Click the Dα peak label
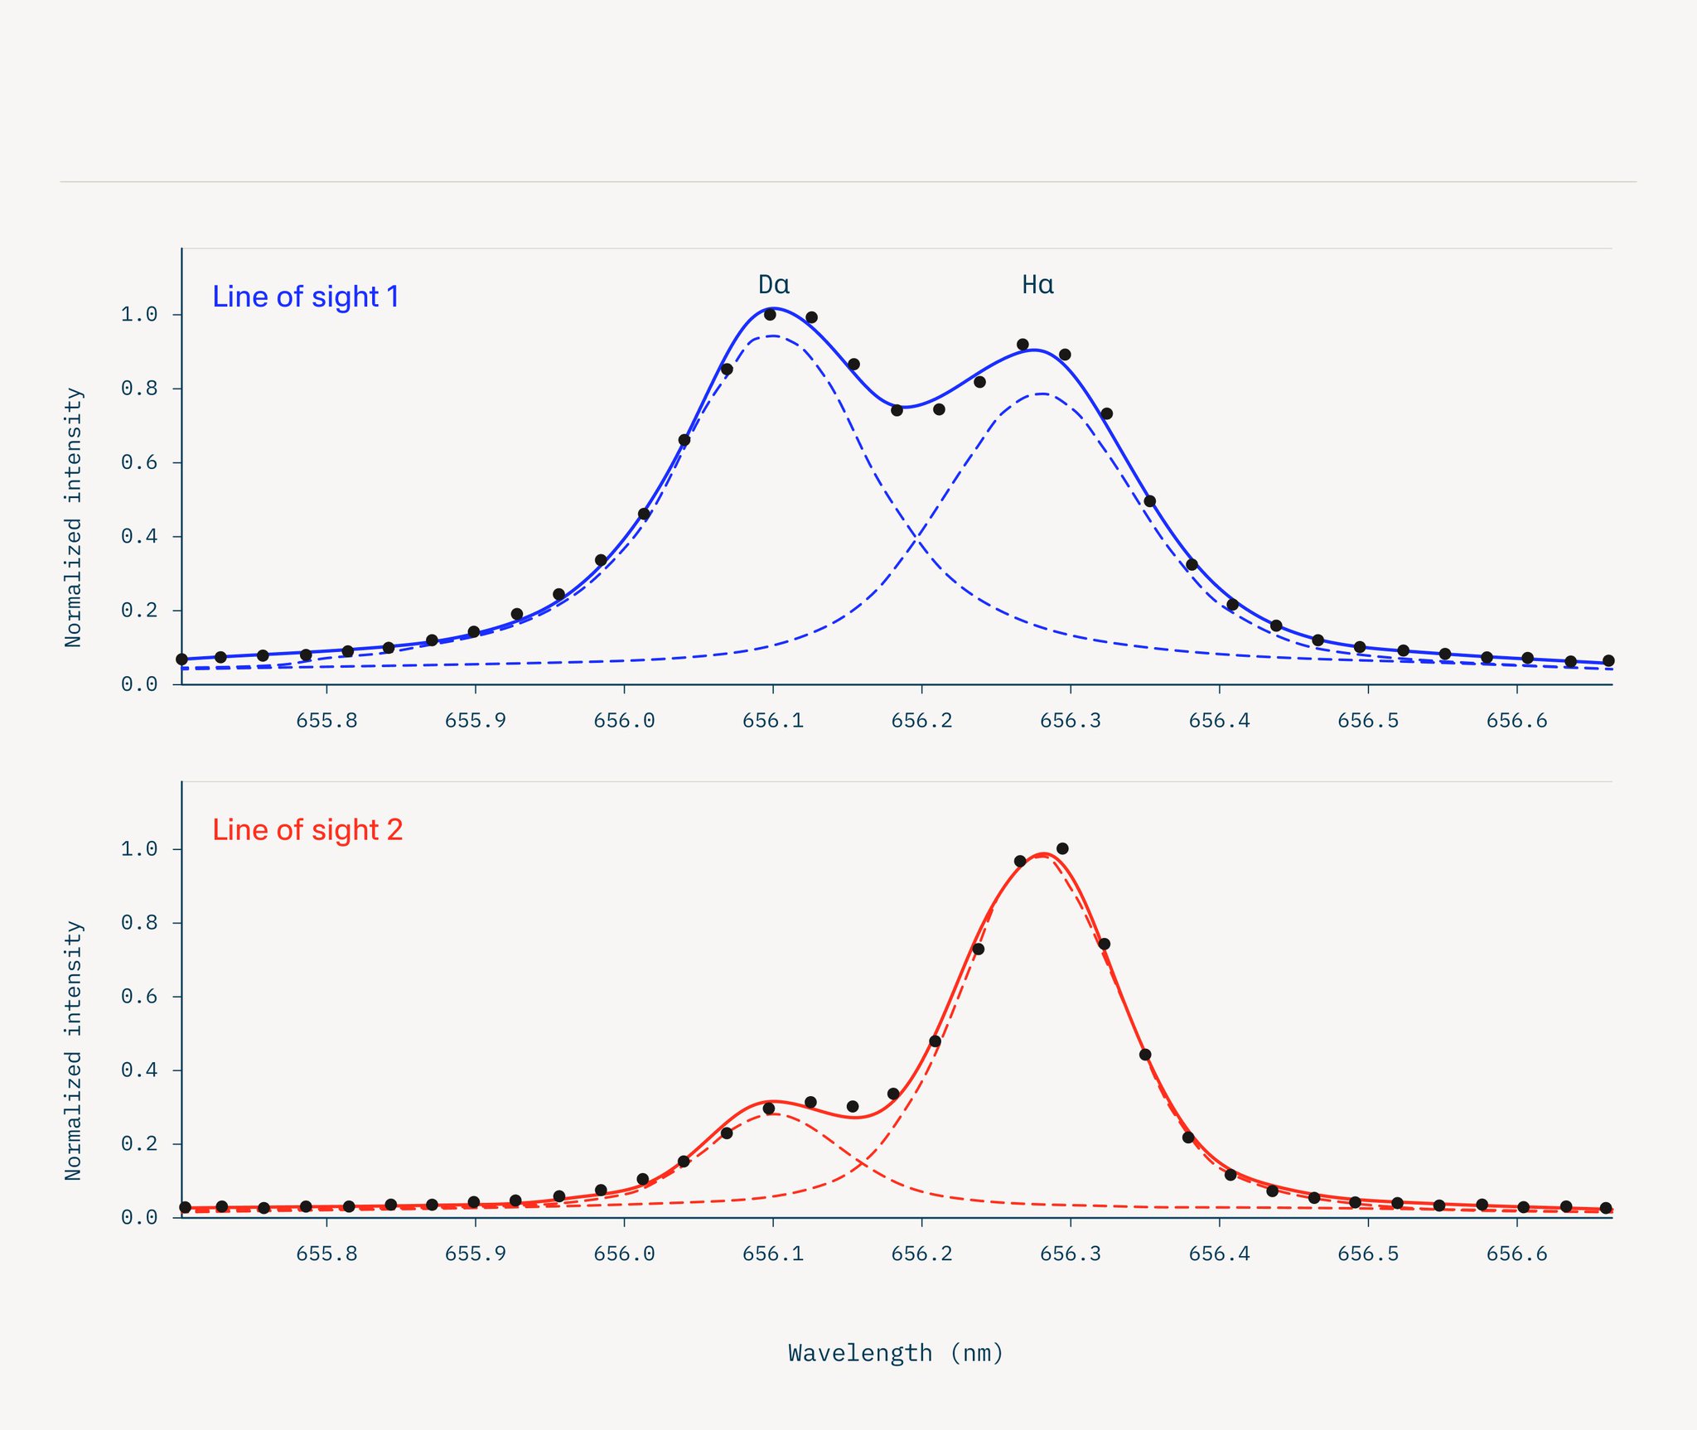click(x=774, y=285)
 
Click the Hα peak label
click(x=1037, y=285)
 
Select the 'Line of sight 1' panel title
click(x=306, y=297)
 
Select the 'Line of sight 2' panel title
click(x=307, y=829)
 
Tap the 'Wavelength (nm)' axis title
click(x=896, y=1353)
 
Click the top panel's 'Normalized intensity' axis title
click(x=74, y=517)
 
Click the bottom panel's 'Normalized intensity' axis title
click(x=74, y=1051)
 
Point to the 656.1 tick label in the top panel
click(x=773, y=721)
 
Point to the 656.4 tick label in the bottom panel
click(x=1219, y=1254)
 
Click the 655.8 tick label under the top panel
click(x=326, y=721)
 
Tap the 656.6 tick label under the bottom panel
click(x=1516, y=1254)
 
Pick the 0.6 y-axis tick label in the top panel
click(x=139, y=462)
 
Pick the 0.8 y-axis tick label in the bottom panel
click(x=139, y=922)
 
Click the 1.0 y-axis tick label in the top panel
click(x=139, y=315)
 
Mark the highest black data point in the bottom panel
click(x=1062, y=848)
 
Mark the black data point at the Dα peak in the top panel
click(x=770, y=314)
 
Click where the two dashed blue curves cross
click(x=916, y=540)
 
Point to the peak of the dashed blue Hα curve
click(x=1042, y=394)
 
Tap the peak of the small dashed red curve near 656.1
click(x=772, y=1114)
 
